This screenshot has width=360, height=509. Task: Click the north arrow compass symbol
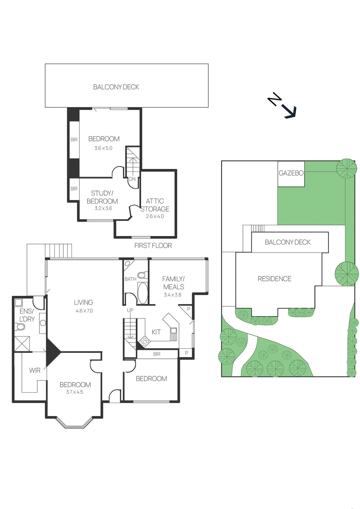(282, 106)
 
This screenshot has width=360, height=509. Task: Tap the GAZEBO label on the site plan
(291, 173)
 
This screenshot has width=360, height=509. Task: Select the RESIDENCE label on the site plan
(274, 279)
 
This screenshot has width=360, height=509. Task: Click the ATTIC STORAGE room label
(155, 205)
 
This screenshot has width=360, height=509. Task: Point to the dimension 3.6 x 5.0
(103, 148)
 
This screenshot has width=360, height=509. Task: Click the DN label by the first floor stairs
(132, 179)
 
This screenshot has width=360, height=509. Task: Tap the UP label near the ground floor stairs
(130, 310)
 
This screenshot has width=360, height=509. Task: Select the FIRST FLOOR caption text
(153, 246)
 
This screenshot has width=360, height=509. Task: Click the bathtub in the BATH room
(143, 293)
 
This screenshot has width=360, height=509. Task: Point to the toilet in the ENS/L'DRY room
(20, 327)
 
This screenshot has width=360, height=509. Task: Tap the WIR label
(35, 370)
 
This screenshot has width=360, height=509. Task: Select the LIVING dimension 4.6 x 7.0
(84, 311)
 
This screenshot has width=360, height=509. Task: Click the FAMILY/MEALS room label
(173, 283)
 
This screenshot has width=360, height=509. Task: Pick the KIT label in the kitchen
(156, 332)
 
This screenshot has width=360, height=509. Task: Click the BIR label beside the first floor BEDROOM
(74, 140)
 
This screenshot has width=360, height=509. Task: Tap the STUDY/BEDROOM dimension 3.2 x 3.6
(103, 208)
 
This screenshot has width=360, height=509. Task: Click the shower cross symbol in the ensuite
(22, 344)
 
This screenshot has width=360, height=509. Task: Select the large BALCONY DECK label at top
(116, 87)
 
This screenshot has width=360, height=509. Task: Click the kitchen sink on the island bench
(173, 331)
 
